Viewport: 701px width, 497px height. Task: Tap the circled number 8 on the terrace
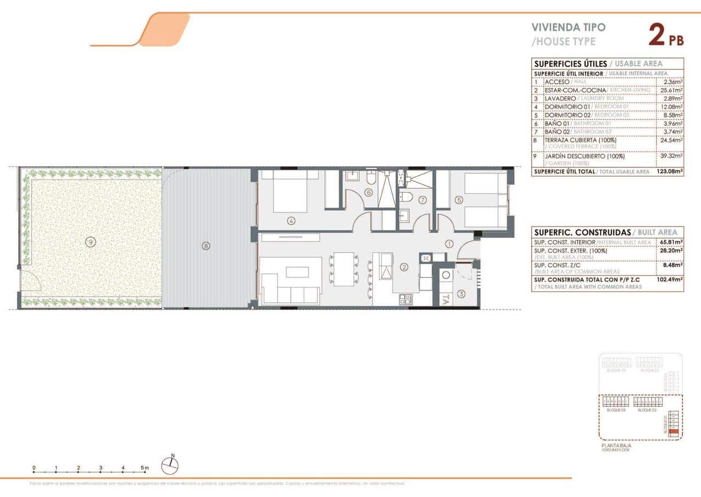pyautogui.click(x=206, y=246)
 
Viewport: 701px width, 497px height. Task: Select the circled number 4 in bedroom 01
pyautogui.click(x=291, y=221)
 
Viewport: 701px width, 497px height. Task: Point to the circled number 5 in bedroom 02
pyautogui.click(x=458, y=200)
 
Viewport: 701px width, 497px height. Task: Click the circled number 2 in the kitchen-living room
pyautogui.click(x=404, y=268)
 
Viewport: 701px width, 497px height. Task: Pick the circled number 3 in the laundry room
pyautogui.click(x=461, y=294)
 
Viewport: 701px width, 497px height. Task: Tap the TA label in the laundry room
pyautogui.click(x=446, y=299)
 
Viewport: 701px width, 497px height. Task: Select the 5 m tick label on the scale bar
pyautogui.click(x=144, y=468)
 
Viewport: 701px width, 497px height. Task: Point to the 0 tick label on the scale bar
pyautogui.click(x=34, y=468)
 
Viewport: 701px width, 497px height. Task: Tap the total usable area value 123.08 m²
pyautogui.click(x=669, y=172)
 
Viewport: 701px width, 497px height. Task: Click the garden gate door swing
pyautogui.click(x=30, y=279)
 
